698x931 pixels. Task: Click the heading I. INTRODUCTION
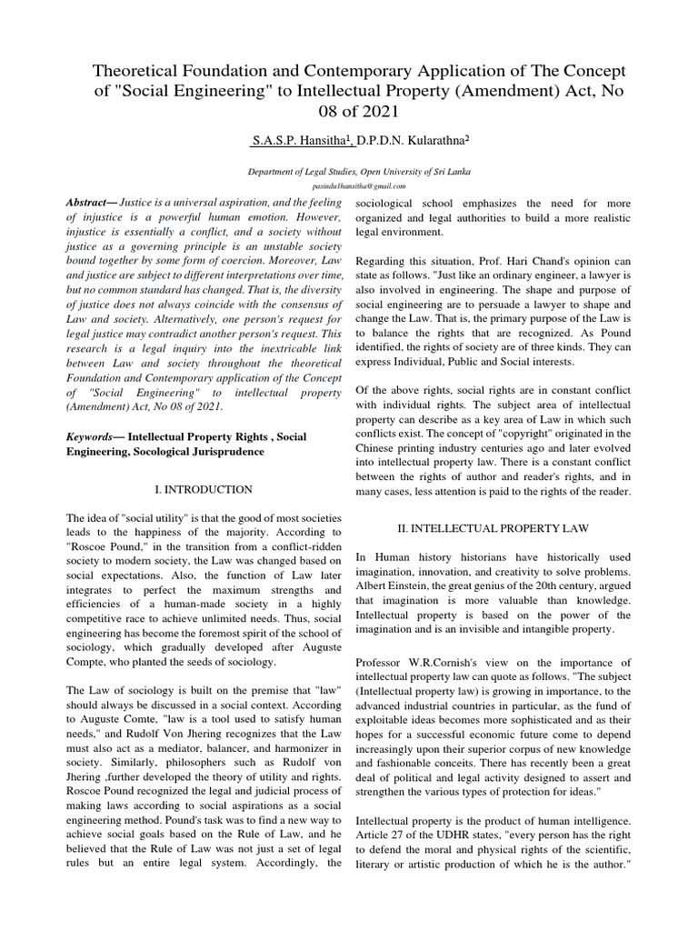pyautogui.click(x=204, y=489)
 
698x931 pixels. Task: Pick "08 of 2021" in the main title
pyautogui.click(x=349, y=112)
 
